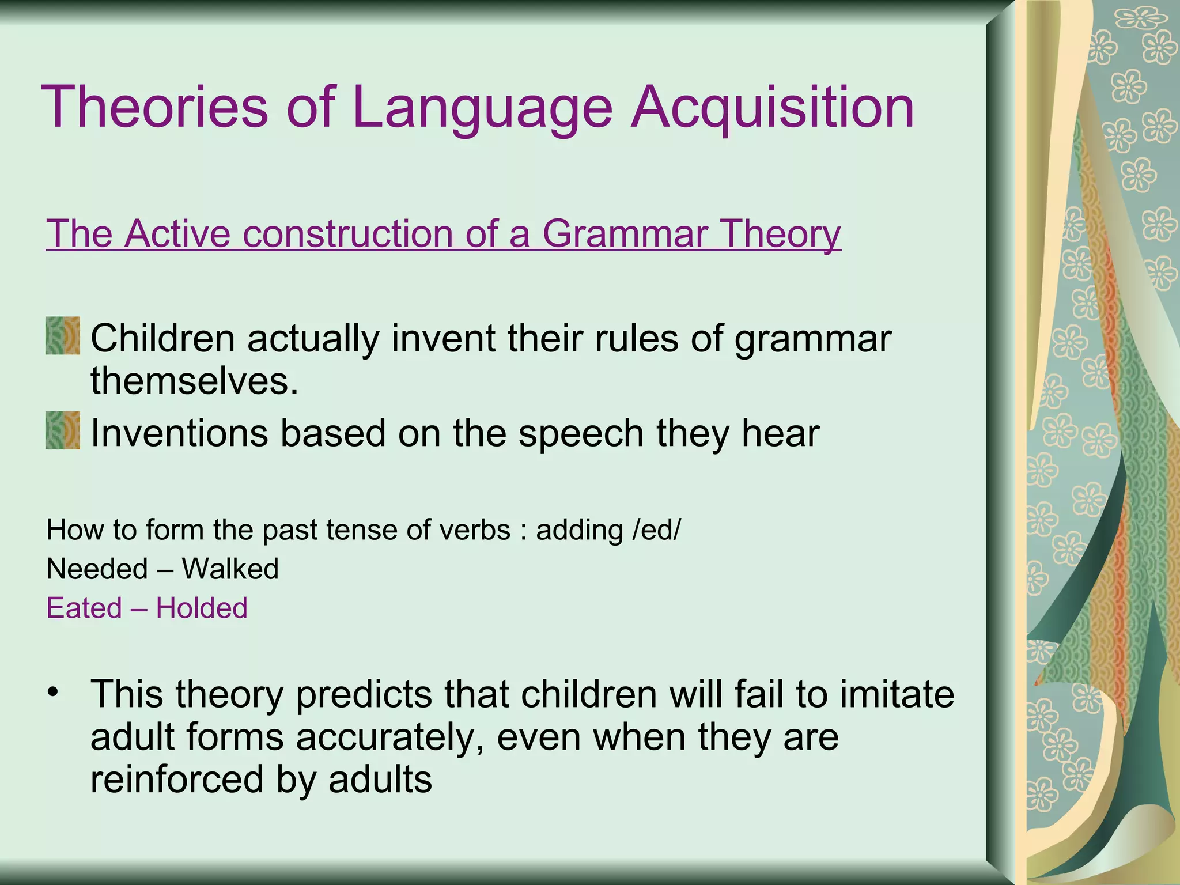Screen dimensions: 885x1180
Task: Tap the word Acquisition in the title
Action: point(772,107)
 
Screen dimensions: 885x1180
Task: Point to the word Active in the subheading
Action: point(176,233)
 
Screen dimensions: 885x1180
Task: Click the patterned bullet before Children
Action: point(63,336)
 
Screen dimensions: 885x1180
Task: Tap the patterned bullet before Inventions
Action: point(63,430)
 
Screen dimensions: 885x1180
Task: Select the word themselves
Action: point(195,381)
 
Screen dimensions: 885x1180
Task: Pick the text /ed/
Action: point(656,530)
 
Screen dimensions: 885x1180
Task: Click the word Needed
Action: point(97,569)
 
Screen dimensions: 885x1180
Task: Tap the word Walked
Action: point(230,569)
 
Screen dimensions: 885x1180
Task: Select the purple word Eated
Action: point(84,608)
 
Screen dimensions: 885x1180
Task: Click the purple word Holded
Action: point(202,608)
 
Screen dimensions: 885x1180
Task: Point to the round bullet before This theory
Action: point(54,691)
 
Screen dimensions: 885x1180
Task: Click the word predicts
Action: point(364,695)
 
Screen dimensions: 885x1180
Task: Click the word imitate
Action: point(897,694)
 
